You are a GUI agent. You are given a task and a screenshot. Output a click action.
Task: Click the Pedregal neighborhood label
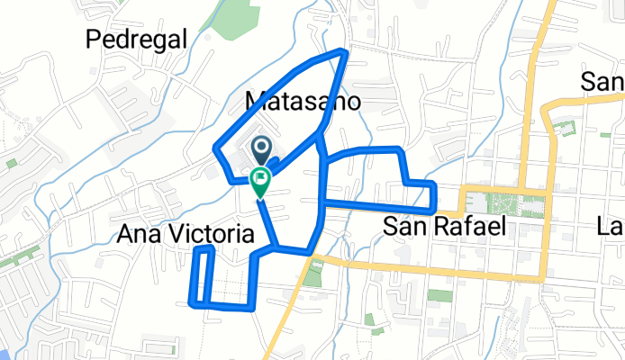pos(137,39)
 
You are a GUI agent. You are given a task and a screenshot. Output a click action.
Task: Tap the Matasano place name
pos(303,101)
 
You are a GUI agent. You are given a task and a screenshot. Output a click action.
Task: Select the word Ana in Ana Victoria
pos(139,235)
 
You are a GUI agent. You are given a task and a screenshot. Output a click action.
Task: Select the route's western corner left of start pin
pos(214,148)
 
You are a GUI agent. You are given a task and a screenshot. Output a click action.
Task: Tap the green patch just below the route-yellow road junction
pos(312,274)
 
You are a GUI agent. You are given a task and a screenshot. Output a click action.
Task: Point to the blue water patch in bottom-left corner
pos(5,354)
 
